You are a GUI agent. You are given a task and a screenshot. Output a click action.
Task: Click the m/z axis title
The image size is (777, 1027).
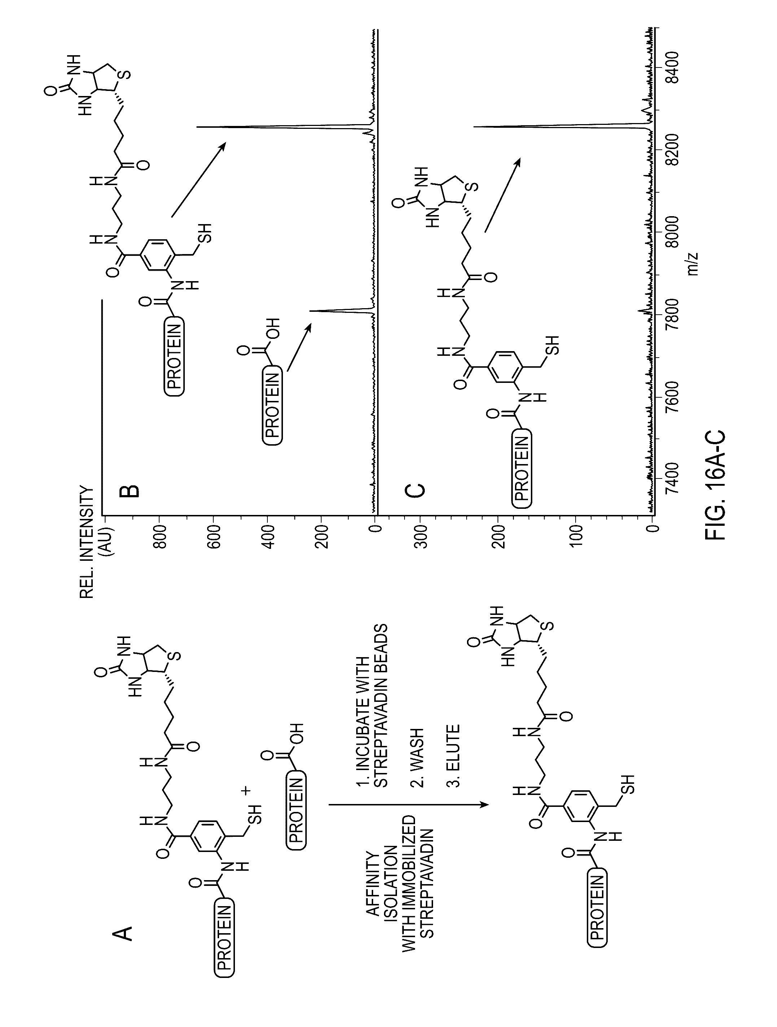pos(694,263)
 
